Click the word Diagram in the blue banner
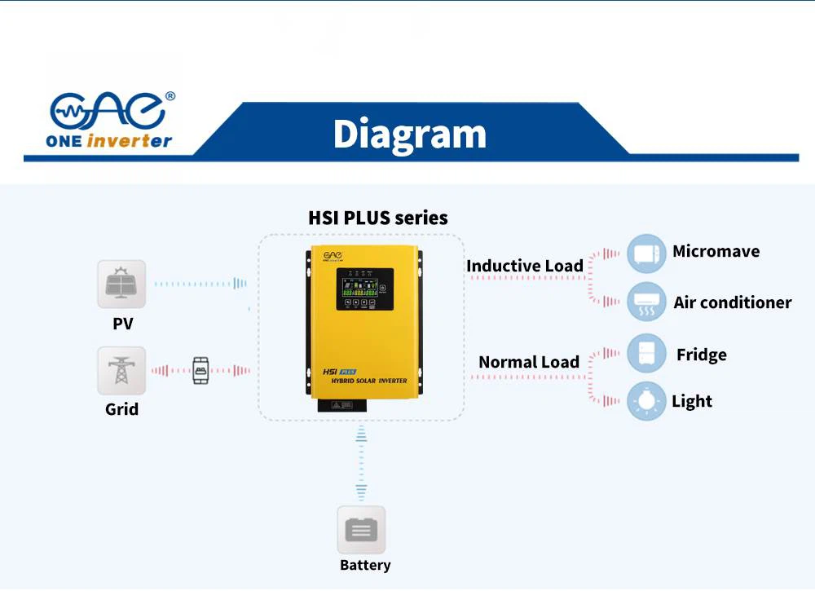(x=409, y=135)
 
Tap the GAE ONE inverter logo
(x=111, y=120)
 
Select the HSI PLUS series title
(x=377, y=218)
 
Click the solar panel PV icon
(x=121, y=284)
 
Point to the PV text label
(x=122, y=324)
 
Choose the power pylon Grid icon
(x=121, y=371)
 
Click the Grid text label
(x=121, y=409)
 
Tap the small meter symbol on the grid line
(x=200, y=370)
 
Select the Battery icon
(x=361, y=531)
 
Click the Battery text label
(x=365, y=565)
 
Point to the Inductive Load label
(x=524, y=266)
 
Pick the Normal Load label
(x=528, y=362)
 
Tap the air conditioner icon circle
(x=647, y=302)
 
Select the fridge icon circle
(x=647, y=354)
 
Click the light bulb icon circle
(x=647, y=401)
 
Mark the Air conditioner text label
(x=732, y=302)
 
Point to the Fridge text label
(x=701, y=355)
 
